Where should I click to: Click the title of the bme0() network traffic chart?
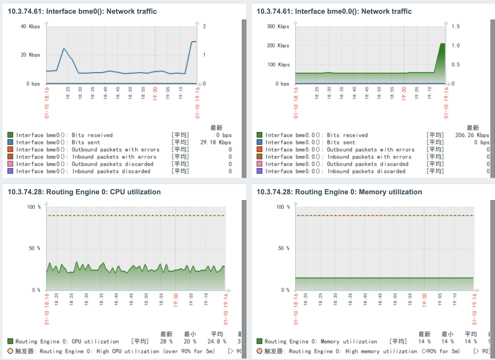pos(82,11)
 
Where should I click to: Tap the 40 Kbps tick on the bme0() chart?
pos(30,26)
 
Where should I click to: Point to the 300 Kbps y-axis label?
pos(278,26)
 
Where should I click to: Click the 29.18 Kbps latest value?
pos(216,142)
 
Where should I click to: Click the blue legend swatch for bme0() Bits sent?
pos(10,142)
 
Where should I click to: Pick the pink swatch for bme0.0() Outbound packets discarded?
pos(260,164)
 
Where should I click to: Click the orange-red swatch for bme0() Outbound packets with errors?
pos(10,149)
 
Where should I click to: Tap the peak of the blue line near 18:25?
pos(64,49)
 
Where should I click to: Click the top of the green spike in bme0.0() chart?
pos(443,44)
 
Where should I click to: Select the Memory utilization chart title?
pos(339,192)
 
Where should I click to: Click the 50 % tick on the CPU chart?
pos(34,248)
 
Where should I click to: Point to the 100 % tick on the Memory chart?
pos(283,207)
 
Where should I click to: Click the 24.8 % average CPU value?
pos(217,341)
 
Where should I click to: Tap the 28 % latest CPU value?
pos(166,341)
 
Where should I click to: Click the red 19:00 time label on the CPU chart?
pos(176,300)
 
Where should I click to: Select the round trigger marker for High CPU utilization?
pos(10,351)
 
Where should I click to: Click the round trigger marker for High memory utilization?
pos(260,351)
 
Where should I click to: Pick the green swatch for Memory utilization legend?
pos(260,341)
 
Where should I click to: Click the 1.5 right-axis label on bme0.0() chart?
pos(455,26)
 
